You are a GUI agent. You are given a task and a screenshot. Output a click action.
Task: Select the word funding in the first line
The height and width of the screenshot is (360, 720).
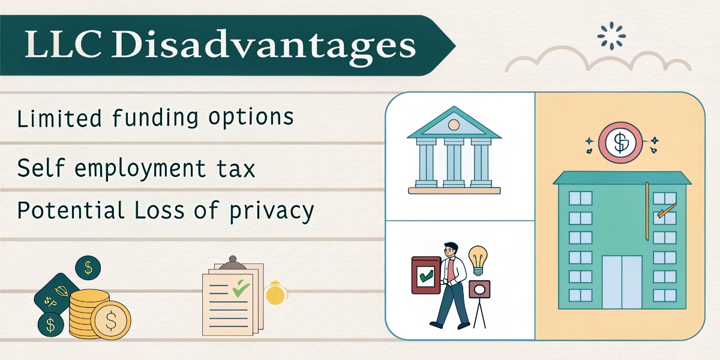149,118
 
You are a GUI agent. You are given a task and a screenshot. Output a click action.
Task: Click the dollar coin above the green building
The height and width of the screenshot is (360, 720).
620,143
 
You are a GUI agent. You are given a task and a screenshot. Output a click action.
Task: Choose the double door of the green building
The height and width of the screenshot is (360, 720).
622,282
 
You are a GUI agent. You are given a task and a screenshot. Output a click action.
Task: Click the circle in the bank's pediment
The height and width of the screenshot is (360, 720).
454,125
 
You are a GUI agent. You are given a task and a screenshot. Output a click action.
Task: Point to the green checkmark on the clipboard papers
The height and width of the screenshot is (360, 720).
241,289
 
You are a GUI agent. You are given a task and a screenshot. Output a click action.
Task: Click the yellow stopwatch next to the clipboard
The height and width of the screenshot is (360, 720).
275,293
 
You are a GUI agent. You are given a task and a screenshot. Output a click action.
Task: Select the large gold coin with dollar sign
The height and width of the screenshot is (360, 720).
111,320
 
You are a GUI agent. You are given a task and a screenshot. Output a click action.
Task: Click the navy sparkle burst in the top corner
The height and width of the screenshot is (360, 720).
611,36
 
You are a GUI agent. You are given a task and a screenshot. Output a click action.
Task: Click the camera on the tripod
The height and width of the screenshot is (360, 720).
479,290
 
